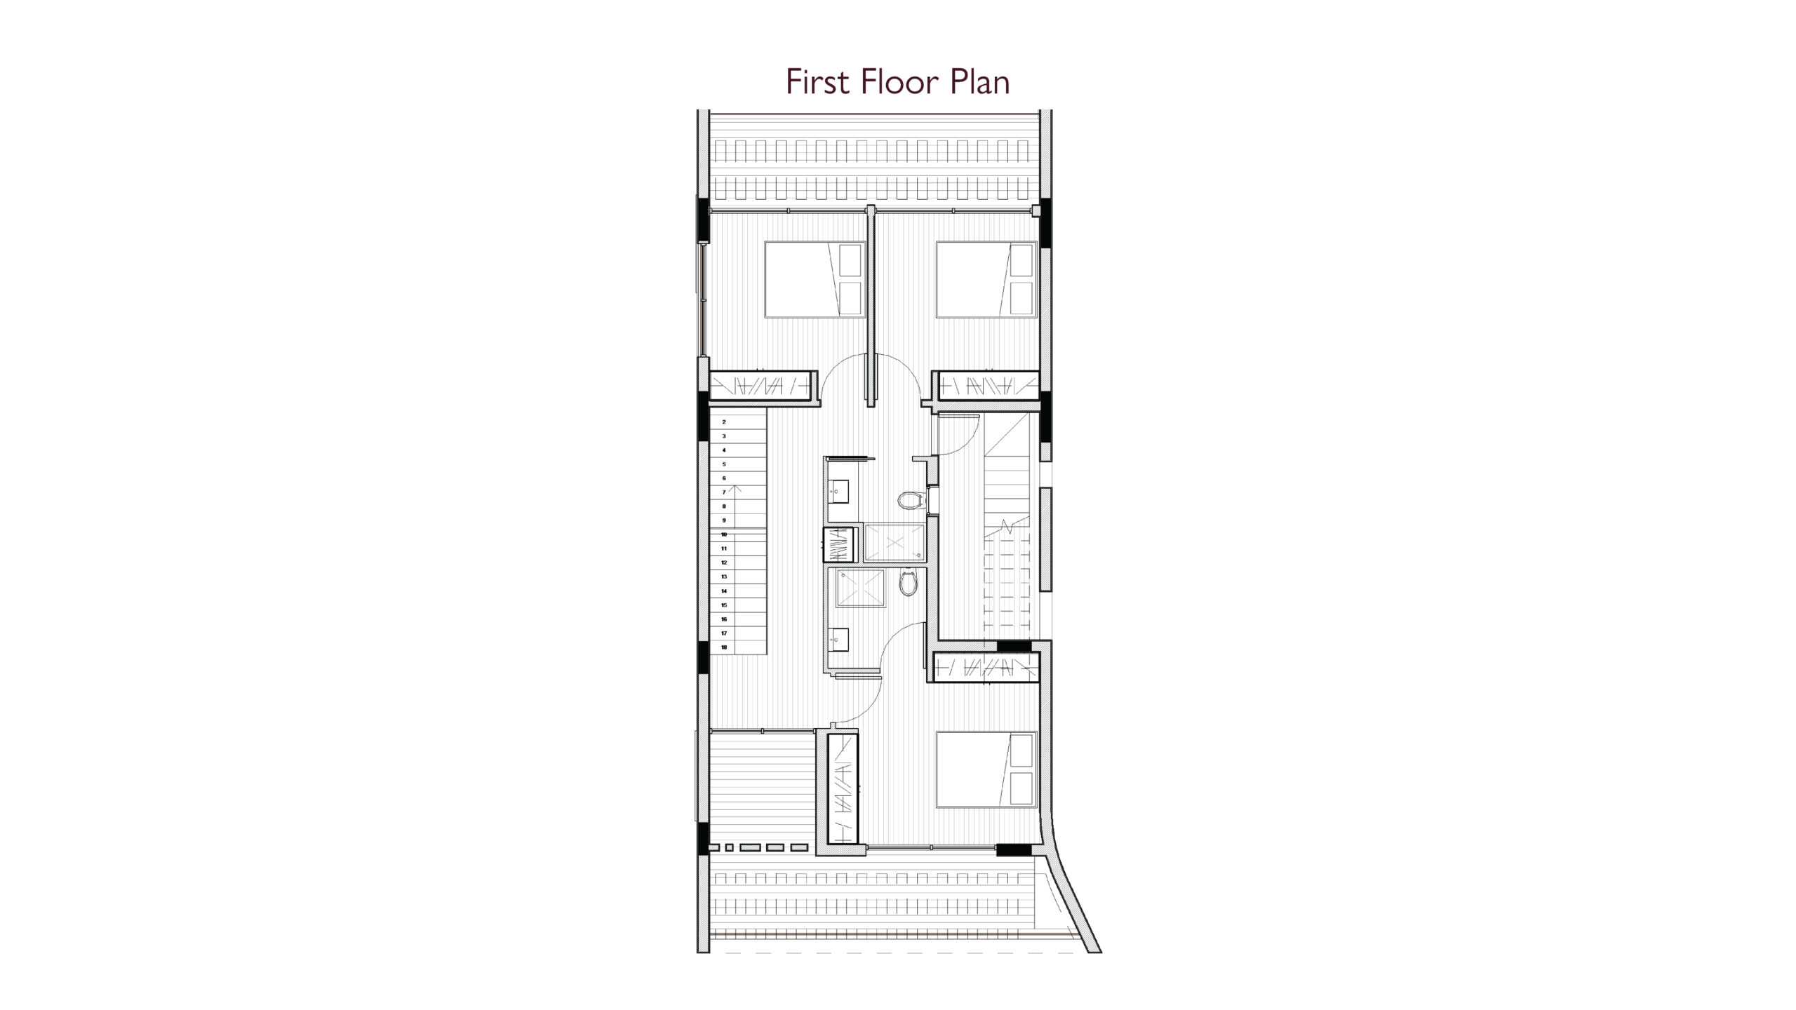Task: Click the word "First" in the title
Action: point(818,81)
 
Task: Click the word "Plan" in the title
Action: point(980,81)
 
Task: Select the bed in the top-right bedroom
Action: point(986,280)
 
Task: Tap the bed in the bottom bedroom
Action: point(986,769)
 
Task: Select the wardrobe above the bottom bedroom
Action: point(986,666)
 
